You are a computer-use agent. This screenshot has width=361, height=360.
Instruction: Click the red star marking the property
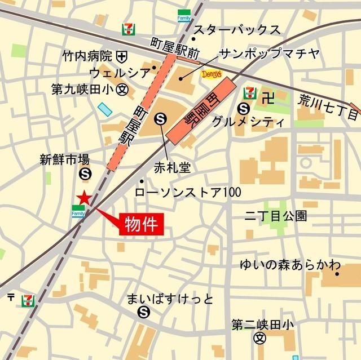[x=83, y=197]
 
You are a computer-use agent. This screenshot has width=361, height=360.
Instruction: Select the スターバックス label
[x=237, y=30]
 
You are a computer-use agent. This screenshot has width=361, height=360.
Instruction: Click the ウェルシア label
[x=120, y=73]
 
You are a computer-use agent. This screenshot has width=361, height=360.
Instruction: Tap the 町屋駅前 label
[x=175, y=47]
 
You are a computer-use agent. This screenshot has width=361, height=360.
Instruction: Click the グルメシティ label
[x=246, y=121]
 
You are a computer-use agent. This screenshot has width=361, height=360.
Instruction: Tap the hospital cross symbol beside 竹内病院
[x=121, y=56]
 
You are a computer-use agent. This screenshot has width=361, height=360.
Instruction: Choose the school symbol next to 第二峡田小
[x=259, y=339]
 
